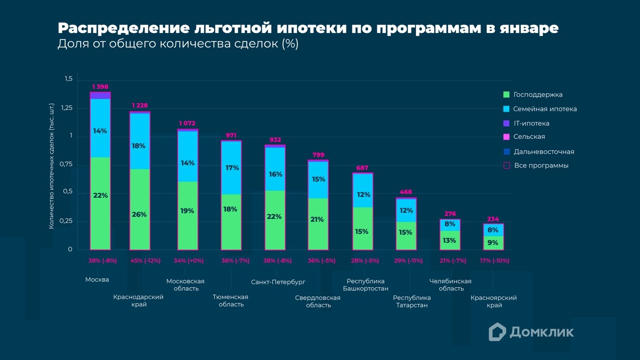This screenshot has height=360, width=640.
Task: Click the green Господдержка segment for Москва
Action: click(100, 218)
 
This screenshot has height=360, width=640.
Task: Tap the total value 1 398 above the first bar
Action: click(100, 87)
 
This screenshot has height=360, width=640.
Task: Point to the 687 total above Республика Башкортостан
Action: click(362, 168)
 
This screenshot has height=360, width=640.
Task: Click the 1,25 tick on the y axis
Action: click(67, 108)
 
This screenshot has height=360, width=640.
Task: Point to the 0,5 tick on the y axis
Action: click(68, 192)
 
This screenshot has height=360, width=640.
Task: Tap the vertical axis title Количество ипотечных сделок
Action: click(51, 166)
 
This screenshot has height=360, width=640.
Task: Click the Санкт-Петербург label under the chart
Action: click(278, 282)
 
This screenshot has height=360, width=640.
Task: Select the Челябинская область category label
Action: click(450, 285)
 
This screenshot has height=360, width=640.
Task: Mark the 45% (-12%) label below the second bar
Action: click(145, 261)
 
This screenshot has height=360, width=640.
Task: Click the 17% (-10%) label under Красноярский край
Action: click(494, 261)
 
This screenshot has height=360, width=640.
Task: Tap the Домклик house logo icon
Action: click(497, 332)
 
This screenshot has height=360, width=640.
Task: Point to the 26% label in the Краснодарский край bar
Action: click(139, 214)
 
